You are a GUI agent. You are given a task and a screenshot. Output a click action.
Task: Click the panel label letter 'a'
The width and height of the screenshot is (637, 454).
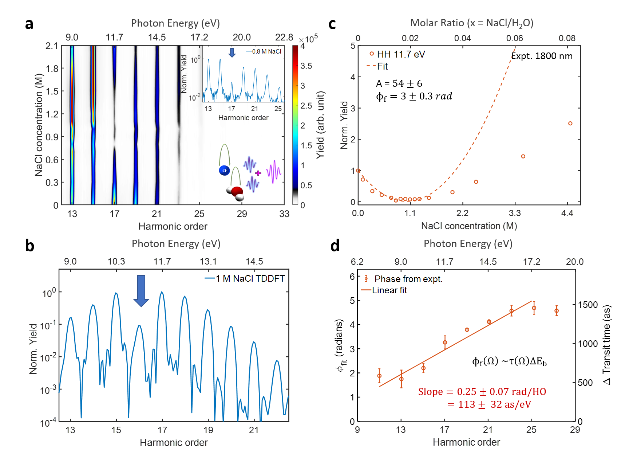coord(29,24)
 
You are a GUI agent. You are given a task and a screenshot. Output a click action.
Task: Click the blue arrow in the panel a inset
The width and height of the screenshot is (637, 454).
coord(232,52)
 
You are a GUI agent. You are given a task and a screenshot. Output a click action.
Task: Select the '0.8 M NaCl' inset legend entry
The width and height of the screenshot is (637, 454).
coord(266,51)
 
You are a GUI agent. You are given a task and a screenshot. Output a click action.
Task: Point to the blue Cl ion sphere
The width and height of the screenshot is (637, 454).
coord(224,170)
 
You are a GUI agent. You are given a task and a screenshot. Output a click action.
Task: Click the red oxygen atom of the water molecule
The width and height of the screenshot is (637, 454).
coord(237,191)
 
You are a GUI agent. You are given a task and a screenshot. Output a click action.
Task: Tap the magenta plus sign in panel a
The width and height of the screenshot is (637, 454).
coord(258,173)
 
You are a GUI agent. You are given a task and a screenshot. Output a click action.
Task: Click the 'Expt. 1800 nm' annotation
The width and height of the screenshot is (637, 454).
coord(542,56)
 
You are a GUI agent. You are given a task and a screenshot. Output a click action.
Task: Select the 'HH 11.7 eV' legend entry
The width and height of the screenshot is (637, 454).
coord(400,54)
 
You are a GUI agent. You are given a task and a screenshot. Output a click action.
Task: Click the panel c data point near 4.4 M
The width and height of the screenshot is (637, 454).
coord(570,124)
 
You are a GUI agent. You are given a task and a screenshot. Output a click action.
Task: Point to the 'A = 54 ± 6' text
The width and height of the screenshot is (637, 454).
coord(399,83)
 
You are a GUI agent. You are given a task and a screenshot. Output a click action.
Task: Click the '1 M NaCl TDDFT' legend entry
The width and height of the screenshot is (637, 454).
coord(250,279)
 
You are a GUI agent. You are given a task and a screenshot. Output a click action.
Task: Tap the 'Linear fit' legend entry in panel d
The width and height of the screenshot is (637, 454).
coord(389,290)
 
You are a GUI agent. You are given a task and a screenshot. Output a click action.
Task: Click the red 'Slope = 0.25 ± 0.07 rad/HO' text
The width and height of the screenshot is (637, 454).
coord(482,392)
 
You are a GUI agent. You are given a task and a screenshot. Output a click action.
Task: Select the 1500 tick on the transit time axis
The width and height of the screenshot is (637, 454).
coord(588,305)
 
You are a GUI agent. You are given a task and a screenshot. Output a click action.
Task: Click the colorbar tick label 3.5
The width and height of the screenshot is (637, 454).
coord(306,66)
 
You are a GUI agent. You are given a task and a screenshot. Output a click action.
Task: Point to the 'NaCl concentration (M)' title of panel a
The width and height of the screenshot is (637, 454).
coord(39,125)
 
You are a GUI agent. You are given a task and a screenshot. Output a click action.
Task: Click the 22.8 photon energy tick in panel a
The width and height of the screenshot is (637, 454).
coord(284,38)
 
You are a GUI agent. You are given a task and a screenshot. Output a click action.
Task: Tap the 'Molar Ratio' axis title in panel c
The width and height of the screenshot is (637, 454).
coord(471,23)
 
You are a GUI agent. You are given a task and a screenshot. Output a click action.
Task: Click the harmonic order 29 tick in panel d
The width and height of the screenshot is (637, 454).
coord(575,430)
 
